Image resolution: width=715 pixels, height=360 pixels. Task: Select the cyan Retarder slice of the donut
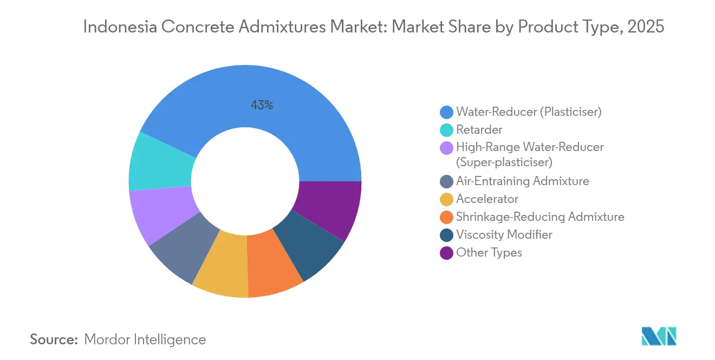click(160, 161)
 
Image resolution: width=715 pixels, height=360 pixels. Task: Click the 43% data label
click(262, 106)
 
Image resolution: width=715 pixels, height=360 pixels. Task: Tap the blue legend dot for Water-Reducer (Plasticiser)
click(446, 112)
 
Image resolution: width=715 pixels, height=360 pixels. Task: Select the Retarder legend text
click(479, 130)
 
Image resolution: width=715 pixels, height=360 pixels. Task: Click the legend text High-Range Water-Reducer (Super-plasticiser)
click(529, 154)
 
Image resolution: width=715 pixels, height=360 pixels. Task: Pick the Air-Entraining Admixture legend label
click(522, 181)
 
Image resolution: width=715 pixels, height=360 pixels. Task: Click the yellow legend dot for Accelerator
click(446, 199)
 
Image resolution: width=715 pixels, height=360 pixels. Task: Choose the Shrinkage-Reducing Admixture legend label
click(539, 217)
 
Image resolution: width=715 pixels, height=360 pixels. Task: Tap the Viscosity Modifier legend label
click(504, 234)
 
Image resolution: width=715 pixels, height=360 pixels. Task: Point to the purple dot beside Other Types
click(446, 252)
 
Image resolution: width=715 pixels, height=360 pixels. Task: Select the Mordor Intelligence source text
click(145, 339)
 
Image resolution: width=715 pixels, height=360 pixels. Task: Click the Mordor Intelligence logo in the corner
click(659, 336)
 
